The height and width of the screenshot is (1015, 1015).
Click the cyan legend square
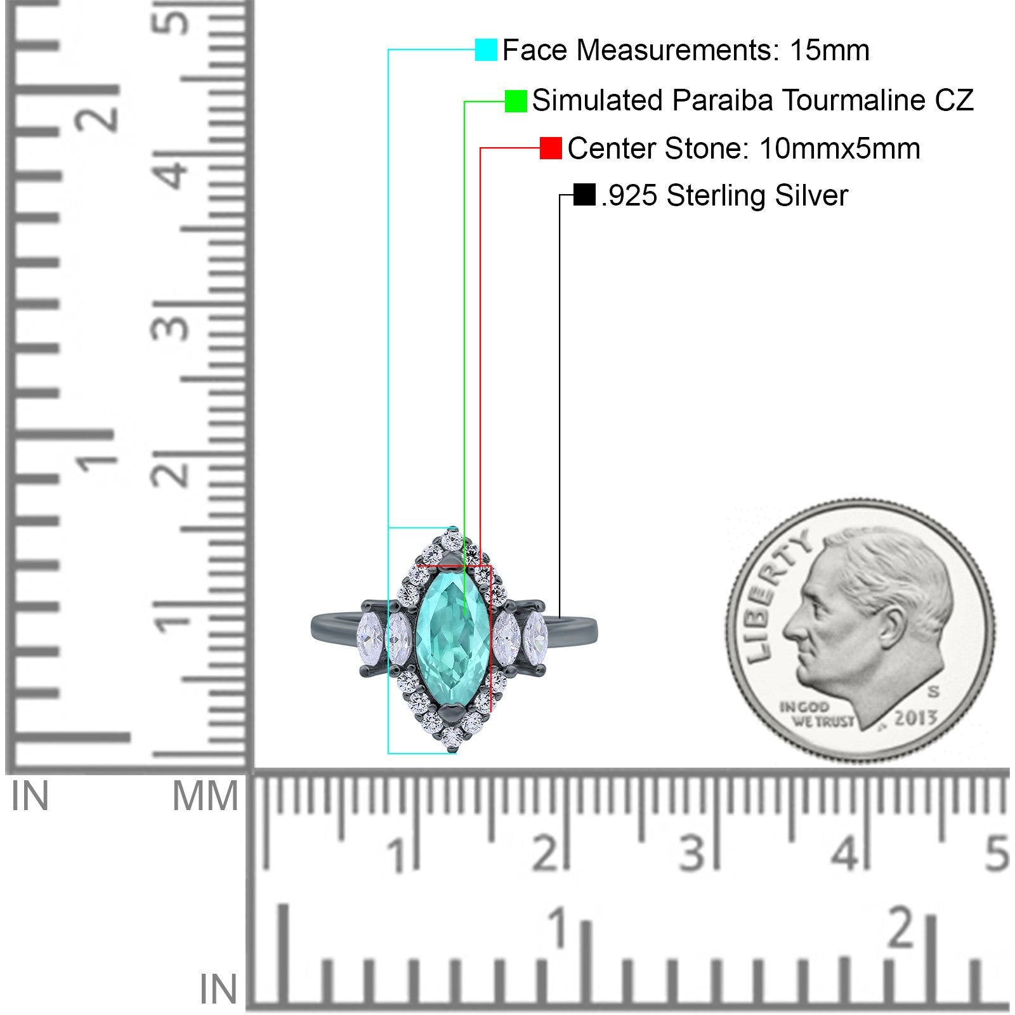[486, 50]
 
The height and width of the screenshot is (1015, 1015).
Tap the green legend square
[516, 101]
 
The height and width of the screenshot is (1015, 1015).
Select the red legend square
[551, 148]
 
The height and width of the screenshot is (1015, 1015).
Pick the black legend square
[584, 195]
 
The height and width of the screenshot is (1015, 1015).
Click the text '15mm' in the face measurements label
[830, 50]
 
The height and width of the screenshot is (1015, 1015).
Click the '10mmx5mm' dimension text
[839, 148]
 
